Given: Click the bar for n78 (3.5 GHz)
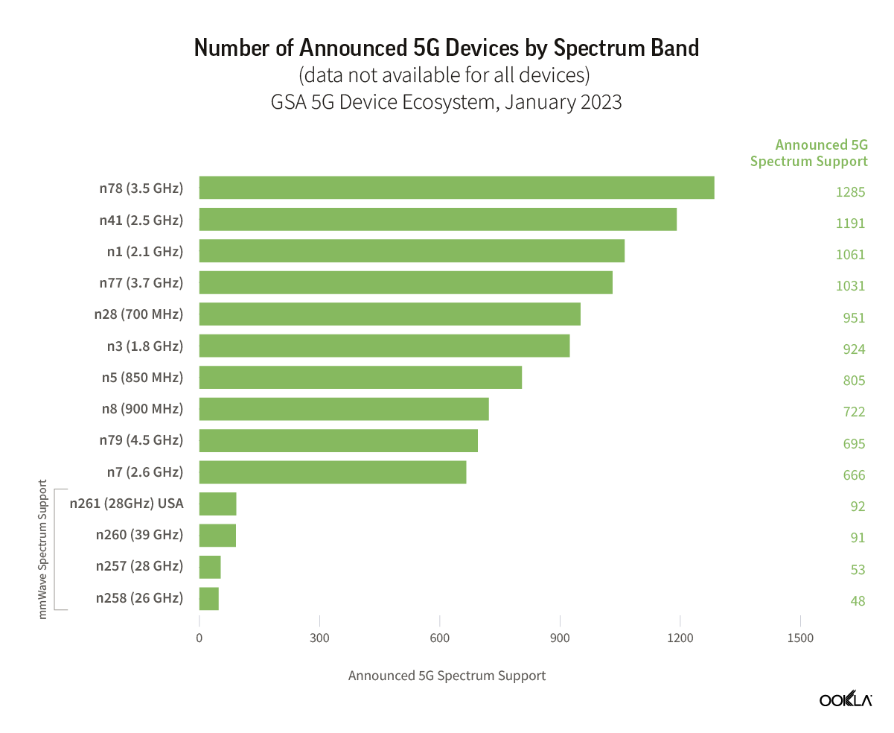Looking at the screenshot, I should click(456, 188).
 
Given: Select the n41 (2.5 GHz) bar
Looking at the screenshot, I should click(438, 220).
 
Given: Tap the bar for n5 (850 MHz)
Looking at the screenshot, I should click(360, 378).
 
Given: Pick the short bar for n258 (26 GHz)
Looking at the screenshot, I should click(209, 599).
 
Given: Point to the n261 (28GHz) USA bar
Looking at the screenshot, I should click(217, 504).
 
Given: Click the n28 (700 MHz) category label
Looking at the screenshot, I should click(138, 314).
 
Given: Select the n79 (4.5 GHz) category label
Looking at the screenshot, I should click(141, 440).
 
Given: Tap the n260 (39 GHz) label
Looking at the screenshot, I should click(139, 535).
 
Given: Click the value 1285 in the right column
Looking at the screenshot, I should click(850, 192).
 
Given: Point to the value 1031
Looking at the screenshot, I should click(850, 286).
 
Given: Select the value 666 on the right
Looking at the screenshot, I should click(853, 475).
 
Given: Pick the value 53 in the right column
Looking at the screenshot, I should click(857, 570).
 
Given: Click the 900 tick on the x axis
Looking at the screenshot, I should click(560, 638).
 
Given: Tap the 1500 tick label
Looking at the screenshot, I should click(799, 638).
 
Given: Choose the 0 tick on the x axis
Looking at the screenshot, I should click(199, 638).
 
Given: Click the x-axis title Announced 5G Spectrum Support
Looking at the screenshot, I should click(447, 676).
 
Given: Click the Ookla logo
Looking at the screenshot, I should click(846, 699).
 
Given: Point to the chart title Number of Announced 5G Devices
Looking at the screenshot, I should click(447, 48).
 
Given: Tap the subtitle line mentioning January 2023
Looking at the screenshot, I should click(447, 102).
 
